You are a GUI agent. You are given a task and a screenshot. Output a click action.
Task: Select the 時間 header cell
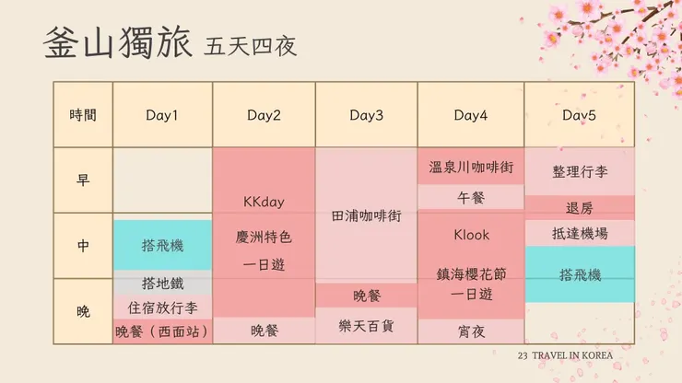(83, 115)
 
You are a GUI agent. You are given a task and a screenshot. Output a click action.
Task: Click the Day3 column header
(366, 115)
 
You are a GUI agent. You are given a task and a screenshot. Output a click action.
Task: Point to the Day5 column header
(579, 115)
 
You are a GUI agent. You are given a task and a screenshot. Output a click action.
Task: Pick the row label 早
(83, 180)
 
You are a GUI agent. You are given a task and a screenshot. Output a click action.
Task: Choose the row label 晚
(83, 311)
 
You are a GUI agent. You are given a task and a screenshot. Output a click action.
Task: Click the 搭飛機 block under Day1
(162, 246)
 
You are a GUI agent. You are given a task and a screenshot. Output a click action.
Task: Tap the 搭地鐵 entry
(162, 283)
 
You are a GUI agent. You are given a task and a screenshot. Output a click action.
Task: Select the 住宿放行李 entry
(162, 308)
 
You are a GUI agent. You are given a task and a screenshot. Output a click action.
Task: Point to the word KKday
(264, 202)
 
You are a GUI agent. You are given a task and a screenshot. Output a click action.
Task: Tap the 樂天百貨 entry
(366, 326)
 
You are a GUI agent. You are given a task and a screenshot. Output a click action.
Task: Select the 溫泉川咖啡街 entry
(471, 168)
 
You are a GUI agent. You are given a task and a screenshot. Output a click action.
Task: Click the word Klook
(471, 235)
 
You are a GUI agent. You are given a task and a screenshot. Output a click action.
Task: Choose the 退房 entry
(579, 207)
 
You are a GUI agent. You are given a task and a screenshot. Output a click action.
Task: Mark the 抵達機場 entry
(579, 234)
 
